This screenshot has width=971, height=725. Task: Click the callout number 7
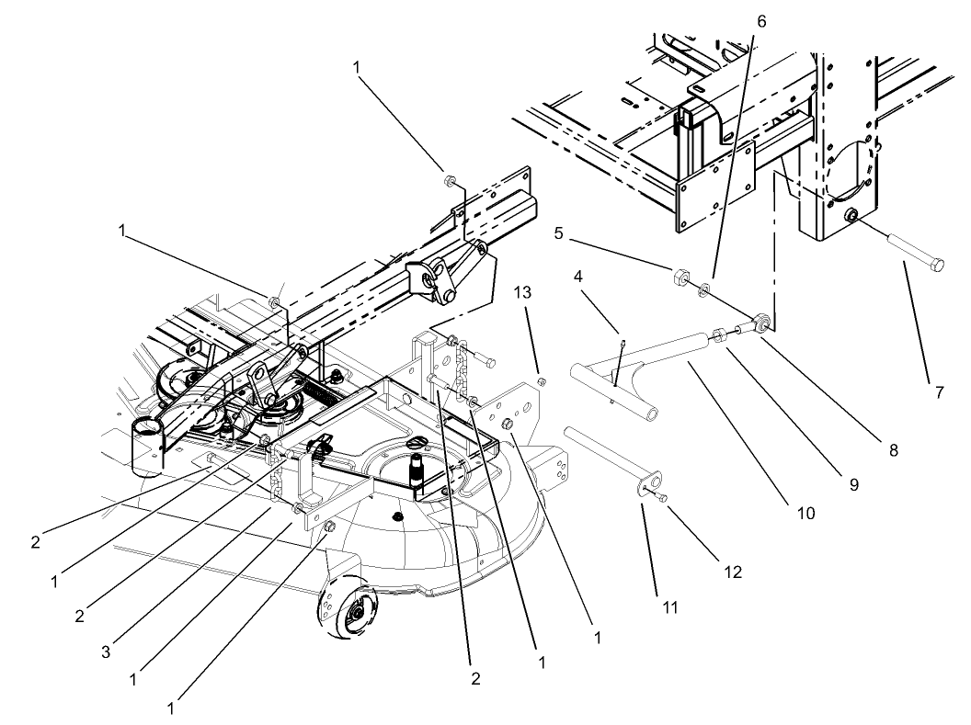939,392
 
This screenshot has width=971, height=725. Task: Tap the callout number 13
523,292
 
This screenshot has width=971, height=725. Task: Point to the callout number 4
578,275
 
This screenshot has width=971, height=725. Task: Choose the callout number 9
853,484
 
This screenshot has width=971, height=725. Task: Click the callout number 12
733,571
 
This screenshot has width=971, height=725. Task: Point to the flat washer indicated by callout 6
703,290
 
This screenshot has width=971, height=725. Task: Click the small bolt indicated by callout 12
660,496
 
